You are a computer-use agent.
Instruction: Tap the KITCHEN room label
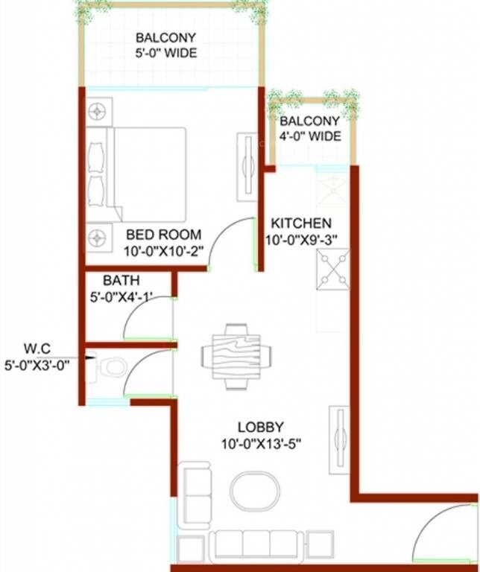(301, 223)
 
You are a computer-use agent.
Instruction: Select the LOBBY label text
(260, 427)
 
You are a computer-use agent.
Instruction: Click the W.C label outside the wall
(37, 348)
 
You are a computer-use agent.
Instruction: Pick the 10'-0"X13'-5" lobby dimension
(260, 444)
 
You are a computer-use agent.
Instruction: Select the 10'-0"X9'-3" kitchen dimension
(301, 240)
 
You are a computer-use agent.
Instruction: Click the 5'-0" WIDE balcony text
(165, 53)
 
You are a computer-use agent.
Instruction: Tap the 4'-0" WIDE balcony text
(310, 136)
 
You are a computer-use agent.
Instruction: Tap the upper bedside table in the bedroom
(96, 112)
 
